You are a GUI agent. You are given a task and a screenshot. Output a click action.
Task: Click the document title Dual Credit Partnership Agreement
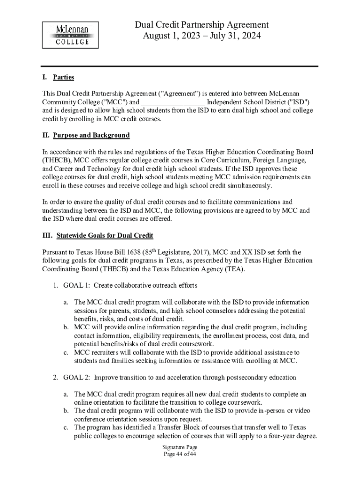[202, 25]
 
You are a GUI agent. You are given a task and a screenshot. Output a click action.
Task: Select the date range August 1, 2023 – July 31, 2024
[202, 36]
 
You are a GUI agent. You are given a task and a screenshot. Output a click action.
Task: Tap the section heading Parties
[64, 77]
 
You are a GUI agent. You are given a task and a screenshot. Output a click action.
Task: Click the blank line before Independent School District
[173, 102]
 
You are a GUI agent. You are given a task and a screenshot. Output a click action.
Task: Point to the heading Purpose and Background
[91, 136]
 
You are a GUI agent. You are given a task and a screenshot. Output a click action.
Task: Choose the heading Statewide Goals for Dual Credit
[105, 235]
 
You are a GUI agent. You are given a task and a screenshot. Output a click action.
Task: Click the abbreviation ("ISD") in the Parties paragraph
[298, 102]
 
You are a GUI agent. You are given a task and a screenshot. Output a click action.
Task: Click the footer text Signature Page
[180, 447]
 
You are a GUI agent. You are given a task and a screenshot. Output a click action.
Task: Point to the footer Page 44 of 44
[180, 454]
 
